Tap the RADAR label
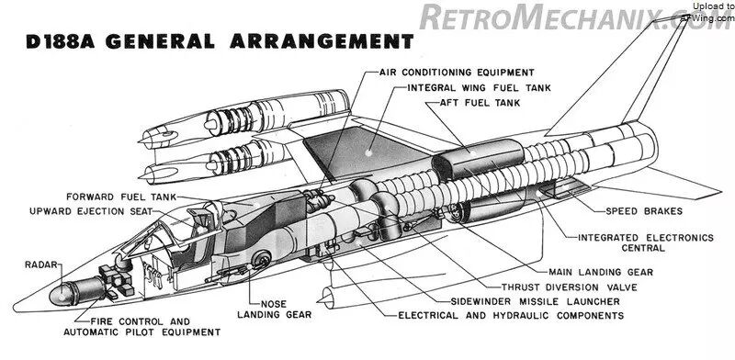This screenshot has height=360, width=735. point(41,265)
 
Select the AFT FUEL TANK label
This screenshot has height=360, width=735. point(480,103)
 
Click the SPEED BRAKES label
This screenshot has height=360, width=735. point(644,211)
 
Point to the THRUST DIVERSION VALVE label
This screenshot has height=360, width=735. point(570,287)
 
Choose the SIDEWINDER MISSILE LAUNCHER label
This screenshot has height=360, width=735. point(536,301)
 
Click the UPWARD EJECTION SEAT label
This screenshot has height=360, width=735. point(91,211)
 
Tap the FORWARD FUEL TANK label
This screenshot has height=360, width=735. point(121,197)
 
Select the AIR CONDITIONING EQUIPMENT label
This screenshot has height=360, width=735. point(457,73)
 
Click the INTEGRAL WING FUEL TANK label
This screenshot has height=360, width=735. point(479,87)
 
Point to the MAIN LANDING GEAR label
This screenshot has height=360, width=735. point(601,272)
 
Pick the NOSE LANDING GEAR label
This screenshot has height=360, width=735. point(274,309)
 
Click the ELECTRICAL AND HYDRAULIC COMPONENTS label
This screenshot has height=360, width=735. point(511,316)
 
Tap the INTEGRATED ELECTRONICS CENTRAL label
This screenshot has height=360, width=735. point(646,242)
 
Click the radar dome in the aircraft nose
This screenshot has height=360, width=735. point(61,295)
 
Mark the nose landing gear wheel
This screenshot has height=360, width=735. point(261,259)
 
